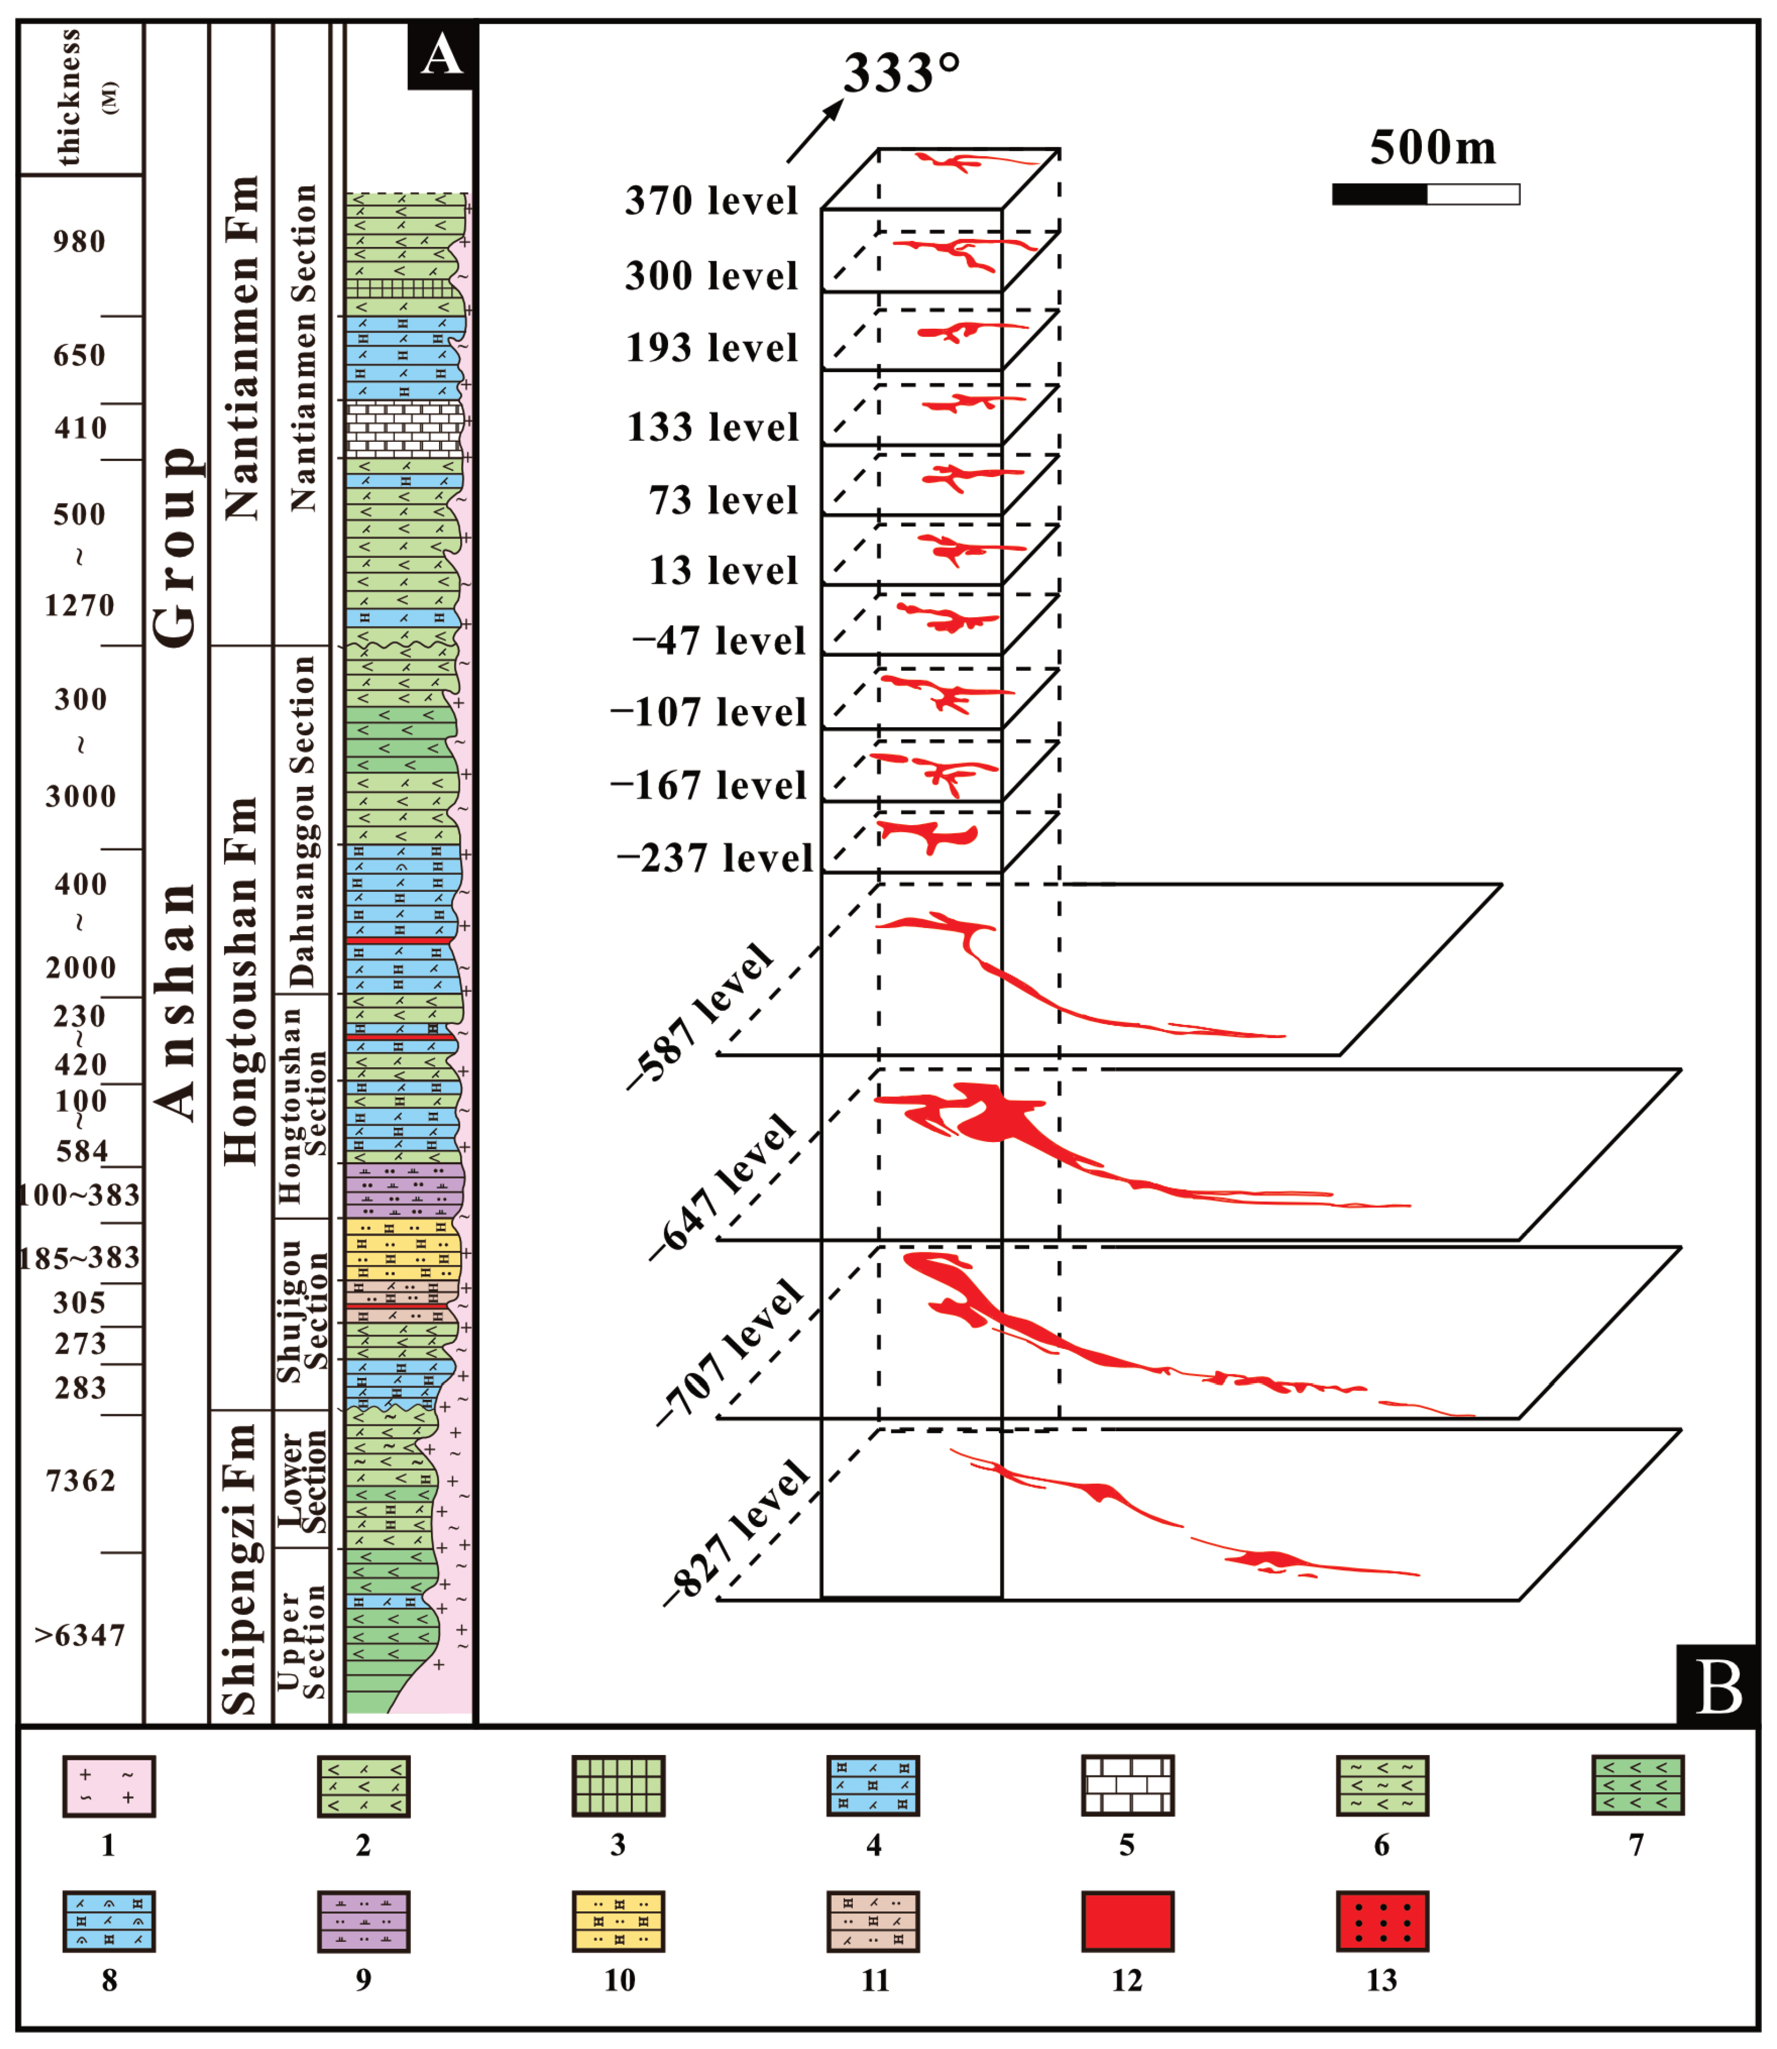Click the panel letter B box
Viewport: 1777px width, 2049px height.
[1716, 1686]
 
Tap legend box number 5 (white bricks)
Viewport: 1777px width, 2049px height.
[1127, 1786]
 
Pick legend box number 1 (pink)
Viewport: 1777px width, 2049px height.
[109, 1786]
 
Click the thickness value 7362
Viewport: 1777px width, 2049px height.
[80, 1482]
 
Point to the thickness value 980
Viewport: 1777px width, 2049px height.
[80, 242]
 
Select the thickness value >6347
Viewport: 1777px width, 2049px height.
[80, 1635]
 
